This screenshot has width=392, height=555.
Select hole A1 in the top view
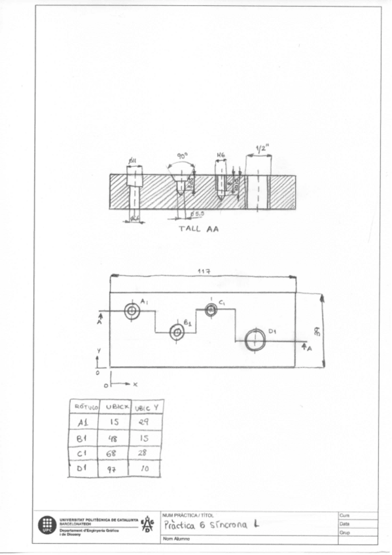coord(132,312)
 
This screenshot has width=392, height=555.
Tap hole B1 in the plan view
coord(177,332)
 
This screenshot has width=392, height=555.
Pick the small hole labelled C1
coord(211,310)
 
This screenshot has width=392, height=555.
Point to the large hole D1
coord(255,340)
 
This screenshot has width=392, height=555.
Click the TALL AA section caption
coord(199,230)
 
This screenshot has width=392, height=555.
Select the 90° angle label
coord(182,156)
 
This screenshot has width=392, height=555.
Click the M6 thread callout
coord(221,156)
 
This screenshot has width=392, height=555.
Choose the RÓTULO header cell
coord(82,407)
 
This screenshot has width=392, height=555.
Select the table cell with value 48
coord(113,439)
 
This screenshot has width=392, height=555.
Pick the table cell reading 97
coord(113,469)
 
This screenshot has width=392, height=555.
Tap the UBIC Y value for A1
coord(145,423)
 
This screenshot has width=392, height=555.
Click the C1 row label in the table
coord(82,454)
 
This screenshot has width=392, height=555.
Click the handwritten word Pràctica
coord(183,524)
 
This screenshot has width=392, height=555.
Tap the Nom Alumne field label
coord(177,538)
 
